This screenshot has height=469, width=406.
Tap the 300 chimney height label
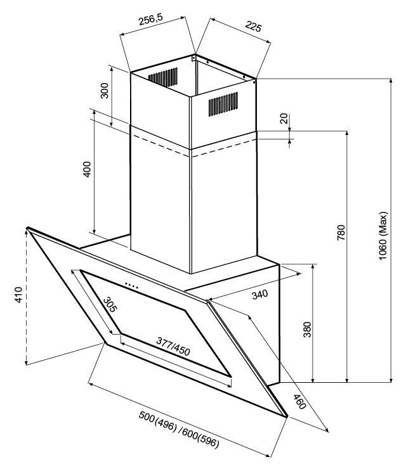105,95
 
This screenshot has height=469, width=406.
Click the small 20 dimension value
284,118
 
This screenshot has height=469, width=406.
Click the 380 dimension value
308,330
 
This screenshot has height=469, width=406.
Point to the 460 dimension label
299,402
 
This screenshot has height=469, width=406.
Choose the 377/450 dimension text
173,346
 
